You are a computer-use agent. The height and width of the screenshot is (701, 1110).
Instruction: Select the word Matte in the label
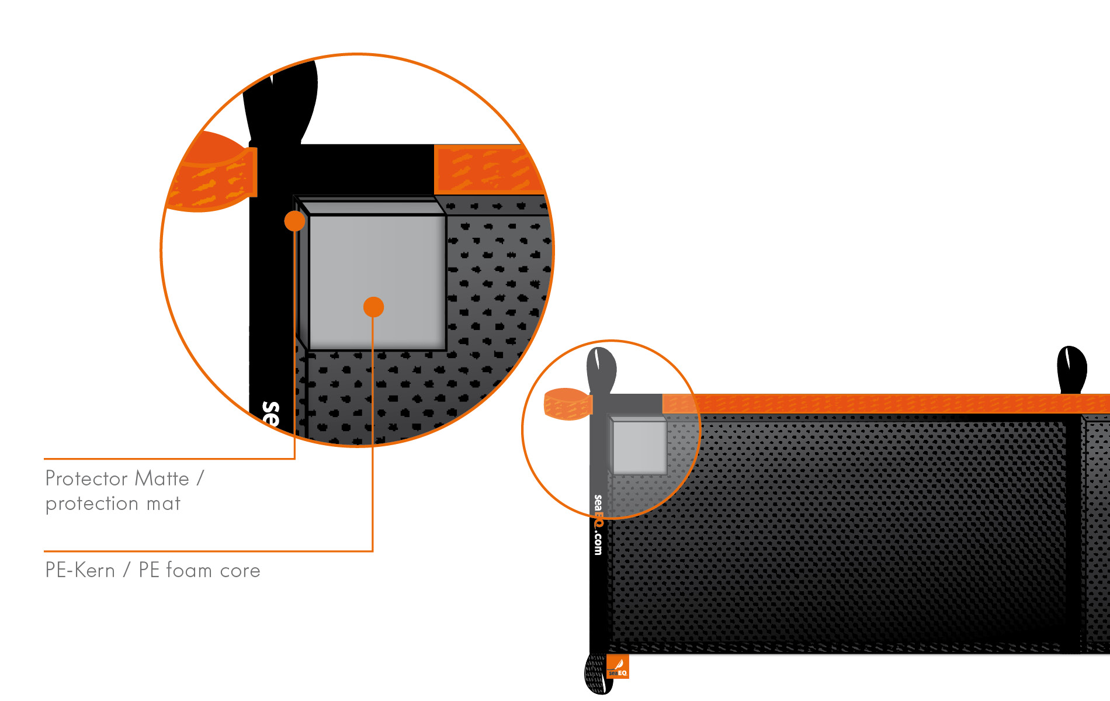click(162, 478)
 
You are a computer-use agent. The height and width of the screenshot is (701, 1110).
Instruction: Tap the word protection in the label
click(92, 504)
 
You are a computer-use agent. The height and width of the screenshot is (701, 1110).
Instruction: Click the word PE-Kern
click(80, 570)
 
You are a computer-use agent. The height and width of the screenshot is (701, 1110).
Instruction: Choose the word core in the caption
click(240, 571)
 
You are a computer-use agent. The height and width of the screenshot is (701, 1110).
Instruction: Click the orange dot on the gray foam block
click(373, 307)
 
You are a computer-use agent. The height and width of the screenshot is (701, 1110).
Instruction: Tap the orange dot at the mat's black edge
click(294, 221)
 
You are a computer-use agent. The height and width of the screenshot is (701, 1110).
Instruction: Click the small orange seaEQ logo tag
click(618, 667)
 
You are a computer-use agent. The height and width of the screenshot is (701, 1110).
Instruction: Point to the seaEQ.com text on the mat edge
click(598, 525)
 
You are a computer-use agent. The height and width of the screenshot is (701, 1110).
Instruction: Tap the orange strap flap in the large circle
click(213, 171)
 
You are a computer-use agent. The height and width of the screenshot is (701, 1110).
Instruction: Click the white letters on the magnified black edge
click(271, 414)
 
